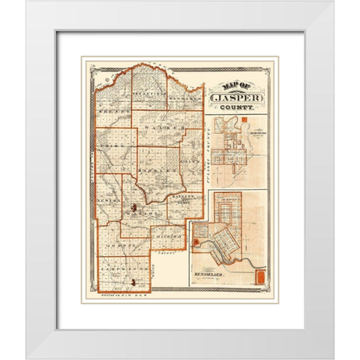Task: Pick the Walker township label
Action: pyautogui.click(x=171, y=130)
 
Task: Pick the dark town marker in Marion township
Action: pyautogui.click(x=133, y=207)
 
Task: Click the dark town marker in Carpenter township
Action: pyautogui.click(x=133, y=283)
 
